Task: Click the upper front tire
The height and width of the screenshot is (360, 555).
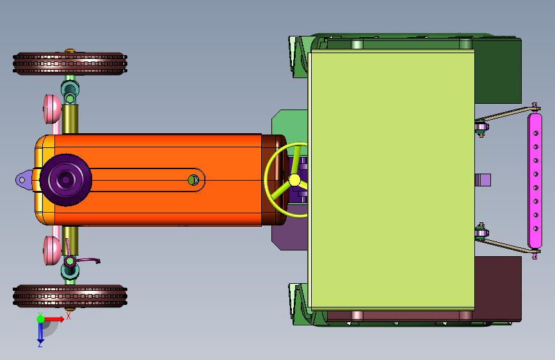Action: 70,64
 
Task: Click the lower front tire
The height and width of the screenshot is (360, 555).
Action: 70,296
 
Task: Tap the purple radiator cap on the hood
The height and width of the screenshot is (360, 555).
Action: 65,180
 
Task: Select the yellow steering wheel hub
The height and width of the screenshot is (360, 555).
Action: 294,180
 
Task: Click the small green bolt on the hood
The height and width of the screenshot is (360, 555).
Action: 193,180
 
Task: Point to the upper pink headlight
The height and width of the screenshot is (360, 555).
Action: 52,109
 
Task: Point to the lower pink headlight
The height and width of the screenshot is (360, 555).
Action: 52,250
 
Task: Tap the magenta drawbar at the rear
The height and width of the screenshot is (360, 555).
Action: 535,181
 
